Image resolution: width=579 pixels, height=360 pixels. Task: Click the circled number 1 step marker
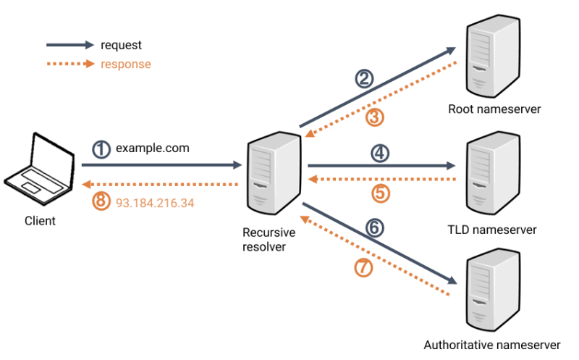102,149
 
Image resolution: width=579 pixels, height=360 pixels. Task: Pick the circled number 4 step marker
379,153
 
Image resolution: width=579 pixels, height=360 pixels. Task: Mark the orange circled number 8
102,202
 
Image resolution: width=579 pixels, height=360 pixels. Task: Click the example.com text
153,148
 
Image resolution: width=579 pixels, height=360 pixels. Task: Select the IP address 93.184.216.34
155,203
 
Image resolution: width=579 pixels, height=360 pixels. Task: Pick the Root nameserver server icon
494,58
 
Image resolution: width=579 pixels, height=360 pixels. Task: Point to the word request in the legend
121,46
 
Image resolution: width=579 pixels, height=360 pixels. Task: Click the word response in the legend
126,64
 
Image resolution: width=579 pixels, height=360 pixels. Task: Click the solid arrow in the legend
69,45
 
